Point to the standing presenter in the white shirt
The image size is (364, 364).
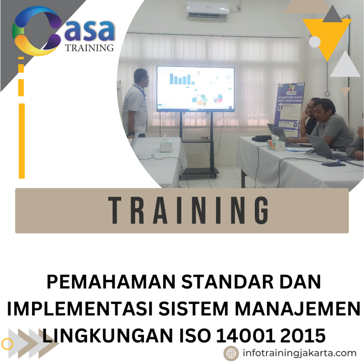tap(136, 103)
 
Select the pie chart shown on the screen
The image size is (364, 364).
tap(218, 98)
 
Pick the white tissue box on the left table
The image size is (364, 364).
tap(165, 145)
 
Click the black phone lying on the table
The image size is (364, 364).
tap(333, 164)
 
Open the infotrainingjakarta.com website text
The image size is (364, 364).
tap(299, 353)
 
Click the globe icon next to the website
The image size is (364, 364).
tap(231, 353)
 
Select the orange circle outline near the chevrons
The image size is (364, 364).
tap(7, 344)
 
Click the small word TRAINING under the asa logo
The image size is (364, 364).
tap(89, 48)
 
